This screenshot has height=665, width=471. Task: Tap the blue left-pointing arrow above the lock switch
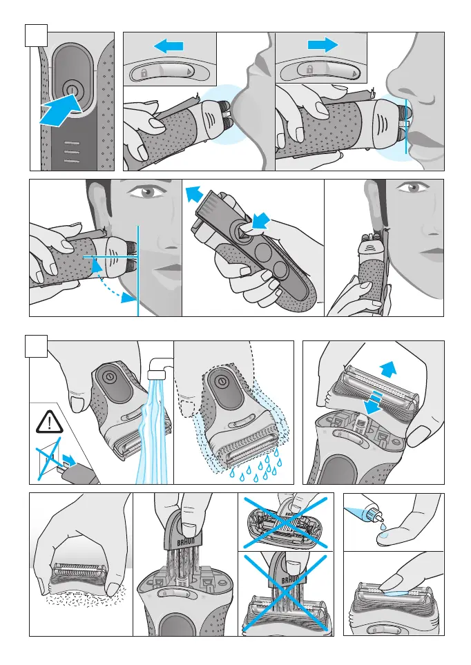pos(169,46)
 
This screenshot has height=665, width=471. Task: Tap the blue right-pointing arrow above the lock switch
pos(323,44)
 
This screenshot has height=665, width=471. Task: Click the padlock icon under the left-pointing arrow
pos(144,73)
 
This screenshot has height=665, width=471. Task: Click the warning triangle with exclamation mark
pos(49,422)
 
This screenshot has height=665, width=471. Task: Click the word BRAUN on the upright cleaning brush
pos(183,543)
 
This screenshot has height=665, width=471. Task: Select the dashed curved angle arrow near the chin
pos(110,282)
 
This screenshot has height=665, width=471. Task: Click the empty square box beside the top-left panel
pos(36,35)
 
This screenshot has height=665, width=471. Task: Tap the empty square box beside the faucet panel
pos(37,346)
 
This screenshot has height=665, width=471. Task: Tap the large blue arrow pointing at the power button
pos(60,110)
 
